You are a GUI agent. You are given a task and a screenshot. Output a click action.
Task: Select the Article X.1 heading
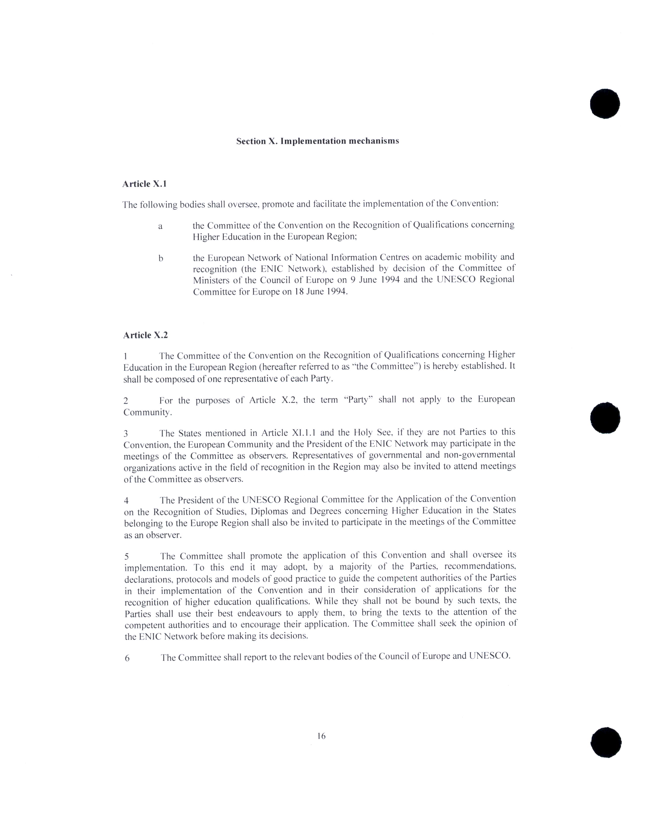point(144,184)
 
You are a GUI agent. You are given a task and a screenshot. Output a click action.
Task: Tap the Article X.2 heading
point(145,335)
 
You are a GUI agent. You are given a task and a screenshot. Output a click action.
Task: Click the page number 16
point(321,735)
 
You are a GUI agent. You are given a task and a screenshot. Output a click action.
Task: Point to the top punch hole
point(605,103)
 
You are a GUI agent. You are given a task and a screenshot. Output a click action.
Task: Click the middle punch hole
point(605,417)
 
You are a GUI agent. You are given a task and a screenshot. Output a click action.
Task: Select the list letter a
point(160,226)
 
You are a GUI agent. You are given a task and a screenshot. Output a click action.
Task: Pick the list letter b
point(161,258)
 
